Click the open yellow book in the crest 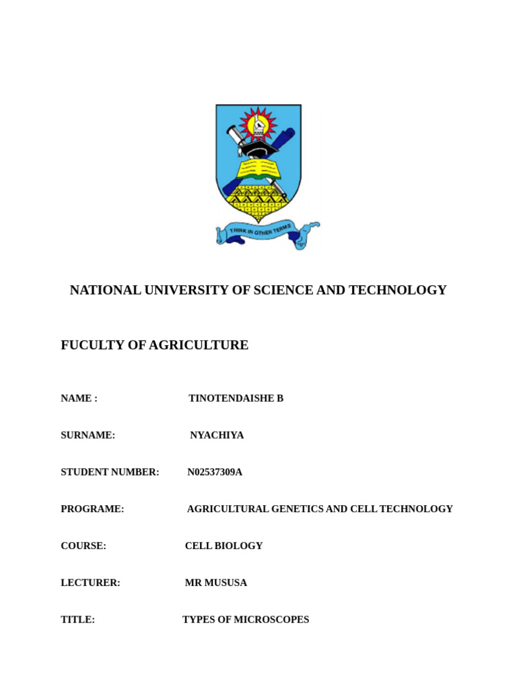coord(258,168)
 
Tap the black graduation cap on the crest coord(259,147)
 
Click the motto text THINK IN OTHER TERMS coord(261,231)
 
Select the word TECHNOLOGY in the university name coord(406,290)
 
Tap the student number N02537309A coord(215,472)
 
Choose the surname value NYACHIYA coord(217,435)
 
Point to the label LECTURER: coord(90,583)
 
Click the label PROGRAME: coord(92,509)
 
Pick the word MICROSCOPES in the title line coord(271,620)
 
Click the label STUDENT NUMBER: coord(110,472)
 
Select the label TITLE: coord(77,620)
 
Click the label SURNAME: coord(88,435)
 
